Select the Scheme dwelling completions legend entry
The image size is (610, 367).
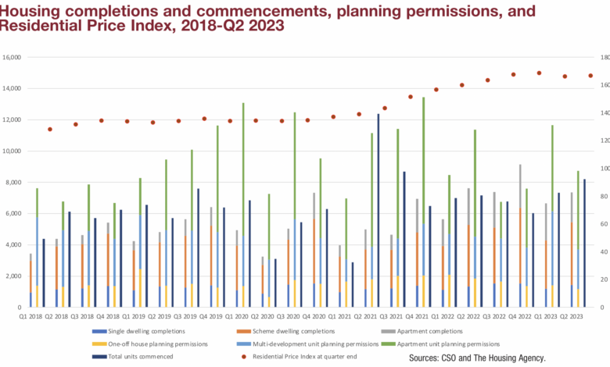pos(285,332)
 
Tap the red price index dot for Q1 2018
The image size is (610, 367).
pos(50,129)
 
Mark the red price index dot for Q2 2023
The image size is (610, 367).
pos(591,76)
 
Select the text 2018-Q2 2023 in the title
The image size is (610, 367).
pos(235,25)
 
